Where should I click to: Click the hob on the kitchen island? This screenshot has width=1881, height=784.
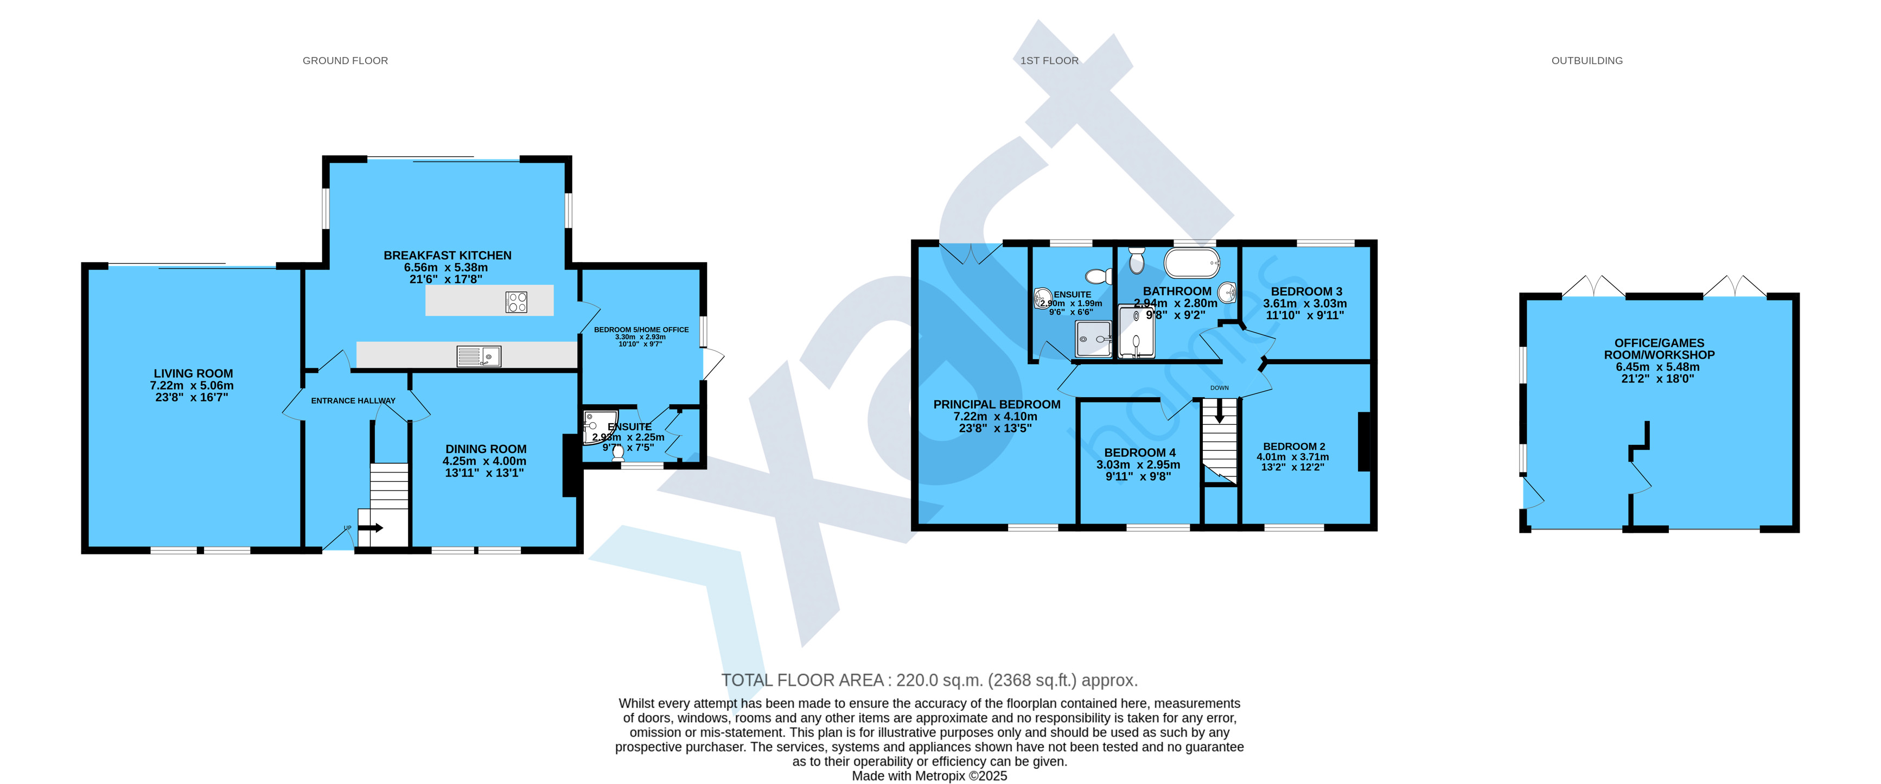pos(517,302)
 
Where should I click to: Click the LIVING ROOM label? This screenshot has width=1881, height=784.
pos(193,373)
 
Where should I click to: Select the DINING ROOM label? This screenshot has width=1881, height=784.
pos(486,449)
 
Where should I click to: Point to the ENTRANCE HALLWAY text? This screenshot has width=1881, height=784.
pos(353,401)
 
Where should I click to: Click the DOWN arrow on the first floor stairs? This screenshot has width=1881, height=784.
pos(1219,411)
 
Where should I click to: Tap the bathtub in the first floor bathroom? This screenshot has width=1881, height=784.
pos(1191,263)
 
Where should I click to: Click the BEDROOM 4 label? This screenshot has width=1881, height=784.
pos(1140,452)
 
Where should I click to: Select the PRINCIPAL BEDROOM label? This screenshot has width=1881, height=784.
pos(997,404)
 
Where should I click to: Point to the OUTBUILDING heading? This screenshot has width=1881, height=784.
pos(1587,61)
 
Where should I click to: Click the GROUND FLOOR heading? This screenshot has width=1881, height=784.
pos(346,61)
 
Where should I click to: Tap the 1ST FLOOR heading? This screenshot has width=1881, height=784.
pos(1049,61)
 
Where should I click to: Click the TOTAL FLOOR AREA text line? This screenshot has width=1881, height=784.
pos(929,680)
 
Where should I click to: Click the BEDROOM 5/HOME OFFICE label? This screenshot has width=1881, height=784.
pos(641,330)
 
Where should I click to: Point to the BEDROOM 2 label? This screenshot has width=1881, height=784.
pos(1294,446)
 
